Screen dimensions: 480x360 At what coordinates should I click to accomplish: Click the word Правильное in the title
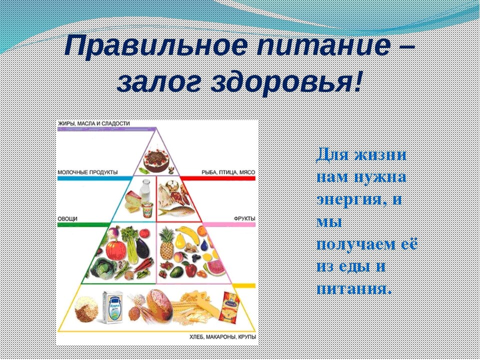coord(155,46)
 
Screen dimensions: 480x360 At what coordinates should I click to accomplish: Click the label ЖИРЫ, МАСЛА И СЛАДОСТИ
coord(93,123)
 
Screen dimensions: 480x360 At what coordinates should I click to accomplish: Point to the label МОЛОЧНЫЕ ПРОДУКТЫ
coord(87,172)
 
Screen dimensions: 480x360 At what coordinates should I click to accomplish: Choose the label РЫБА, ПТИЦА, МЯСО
coord(228,172)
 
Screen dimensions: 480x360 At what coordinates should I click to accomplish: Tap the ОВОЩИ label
coord(67,219)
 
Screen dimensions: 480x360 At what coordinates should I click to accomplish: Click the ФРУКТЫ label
coord(244,219)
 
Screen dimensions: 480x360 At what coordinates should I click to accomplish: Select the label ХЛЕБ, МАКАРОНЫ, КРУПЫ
coord(223,337)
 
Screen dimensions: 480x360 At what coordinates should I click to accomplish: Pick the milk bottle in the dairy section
coord(145,190)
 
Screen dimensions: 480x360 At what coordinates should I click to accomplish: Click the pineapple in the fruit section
coord(166,244)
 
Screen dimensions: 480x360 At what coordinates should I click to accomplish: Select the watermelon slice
coord(214,267)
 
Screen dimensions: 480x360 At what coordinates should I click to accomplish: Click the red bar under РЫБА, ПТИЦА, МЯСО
coord(217,178)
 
